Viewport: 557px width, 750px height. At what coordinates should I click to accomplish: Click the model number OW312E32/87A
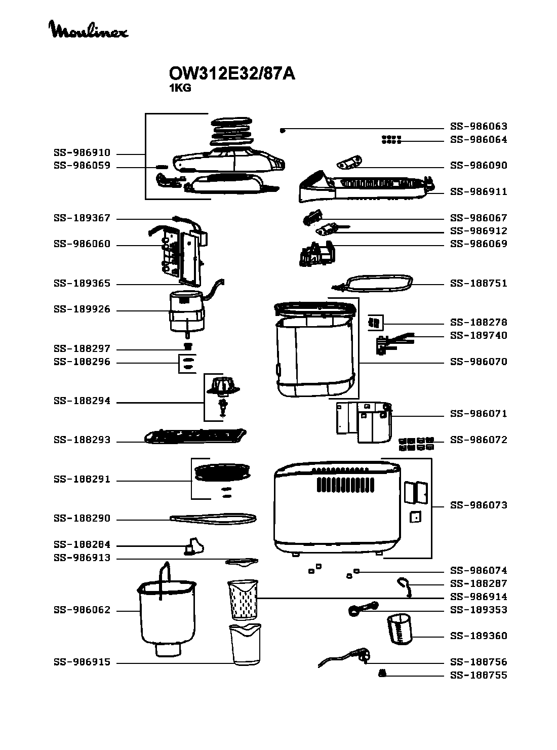point(231,74)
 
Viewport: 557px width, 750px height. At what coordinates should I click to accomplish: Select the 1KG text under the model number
point(180,88)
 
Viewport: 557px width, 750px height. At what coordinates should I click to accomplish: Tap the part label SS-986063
point(479,127)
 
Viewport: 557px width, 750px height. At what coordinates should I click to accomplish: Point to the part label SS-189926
point(82,310)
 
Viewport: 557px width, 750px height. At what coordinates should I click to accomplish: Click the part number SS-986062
point(82,611)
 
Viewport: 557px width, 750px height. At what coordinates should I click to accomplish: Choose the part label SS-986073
point(479,505)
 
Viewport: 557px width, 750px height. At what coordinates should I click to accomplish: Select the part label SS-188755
point(479,676)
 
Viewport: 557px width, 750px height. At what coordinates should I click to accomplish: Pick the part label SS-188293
point(82,441)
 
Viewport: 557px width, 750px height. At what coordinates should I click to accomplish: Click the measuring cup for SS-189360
point(400,629)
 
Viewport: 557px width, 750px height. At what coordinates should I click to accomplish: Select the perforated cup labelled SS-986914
point(244,600)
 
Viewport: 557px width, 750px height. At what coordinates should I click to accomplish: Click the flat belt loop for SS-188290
point(213,518)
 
